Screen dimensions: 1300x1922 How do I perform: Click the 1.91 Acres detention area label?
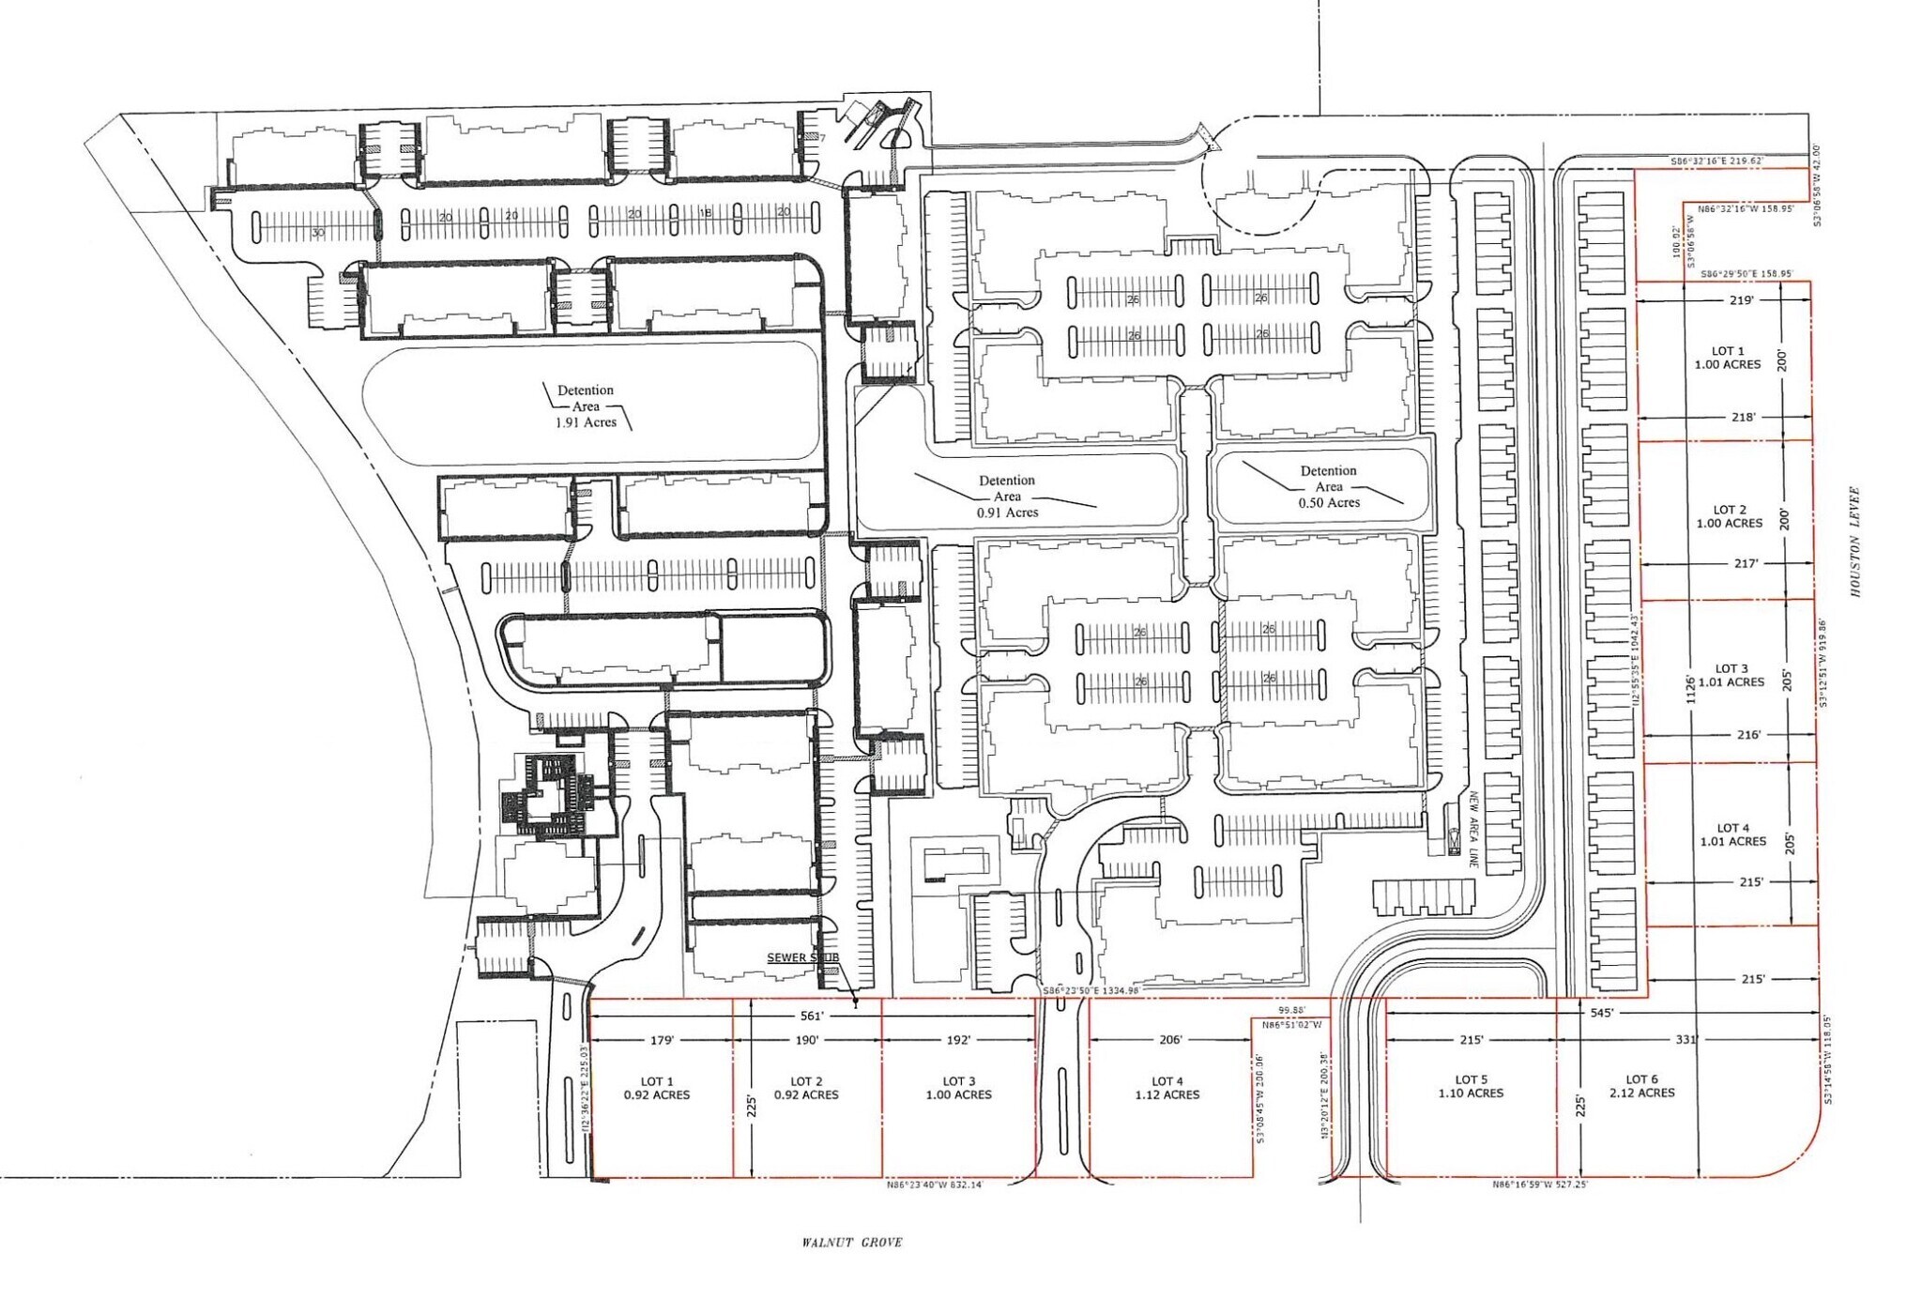click(x=586, y=406)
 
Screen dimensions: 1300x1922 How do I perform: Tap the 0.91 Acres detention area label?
click(x=1007, y=497)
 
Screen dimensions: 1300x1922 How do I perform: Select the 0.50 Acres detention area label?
click(x=1328, y=486)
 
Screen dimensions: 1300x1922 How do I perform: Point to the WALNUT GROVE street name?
click(x=851, y=1242)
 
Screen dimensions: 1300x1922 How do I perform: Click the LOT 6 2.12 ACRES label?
click(x=1641, y=1086)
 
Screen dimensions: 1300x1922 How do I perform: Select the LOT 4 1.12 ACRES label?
click(x=1167, y=1088)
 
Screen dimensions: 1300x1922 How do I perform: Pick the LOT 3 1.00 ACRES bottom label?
click(x=958, y=1088)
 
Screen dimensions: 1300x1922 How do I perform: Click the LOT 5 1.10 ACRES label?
click(x=1471, y=1086)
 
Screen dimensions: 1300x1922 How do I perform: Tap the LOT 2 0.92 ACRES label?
click(x=806, y=1088)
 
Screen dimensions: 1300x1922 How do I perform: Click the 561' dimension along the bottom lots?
click(x=812, y=1016)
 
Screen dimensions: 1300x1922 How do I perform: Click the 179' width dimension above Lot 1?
click(x=663, y=1040)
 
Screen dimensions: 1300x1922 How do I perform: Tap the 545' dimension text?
click(x=1602, y=1013)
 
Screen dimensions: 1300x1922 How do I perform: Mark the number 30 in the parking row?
click(x=318, y=232)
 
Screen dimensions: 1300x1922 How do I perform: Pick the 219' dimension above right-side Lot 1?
click(x=1741, y=300)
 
